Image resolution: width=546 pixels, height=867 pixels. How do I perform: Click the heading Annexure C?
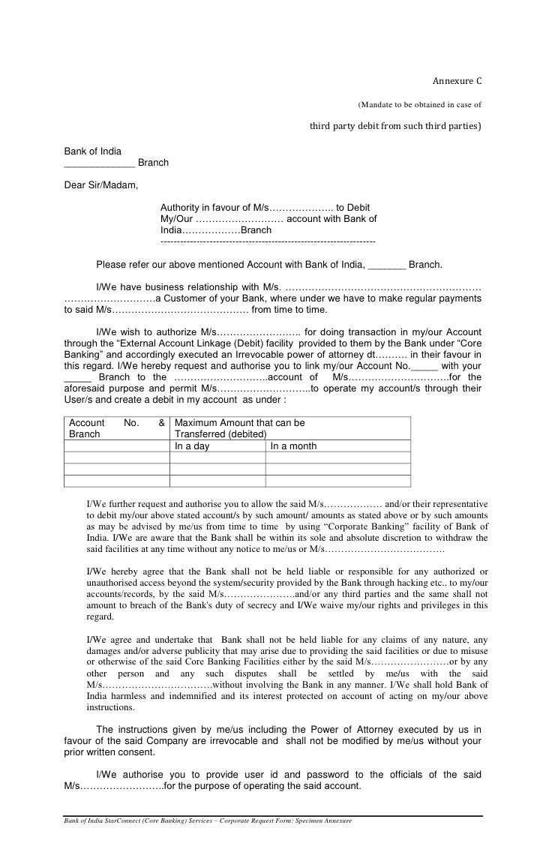pos(457,81)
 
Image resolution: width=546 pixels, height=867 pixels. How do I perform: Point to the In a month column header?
pos(293,446)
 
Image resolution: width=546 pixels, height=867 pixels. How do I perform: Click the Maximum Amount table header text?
pos(239,423)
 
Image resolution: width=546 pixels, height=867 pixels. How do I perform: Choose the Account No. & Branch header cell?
pos(116,428)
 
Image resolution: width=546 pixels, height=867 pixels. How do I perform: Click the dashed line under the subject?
pos(268,242)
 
